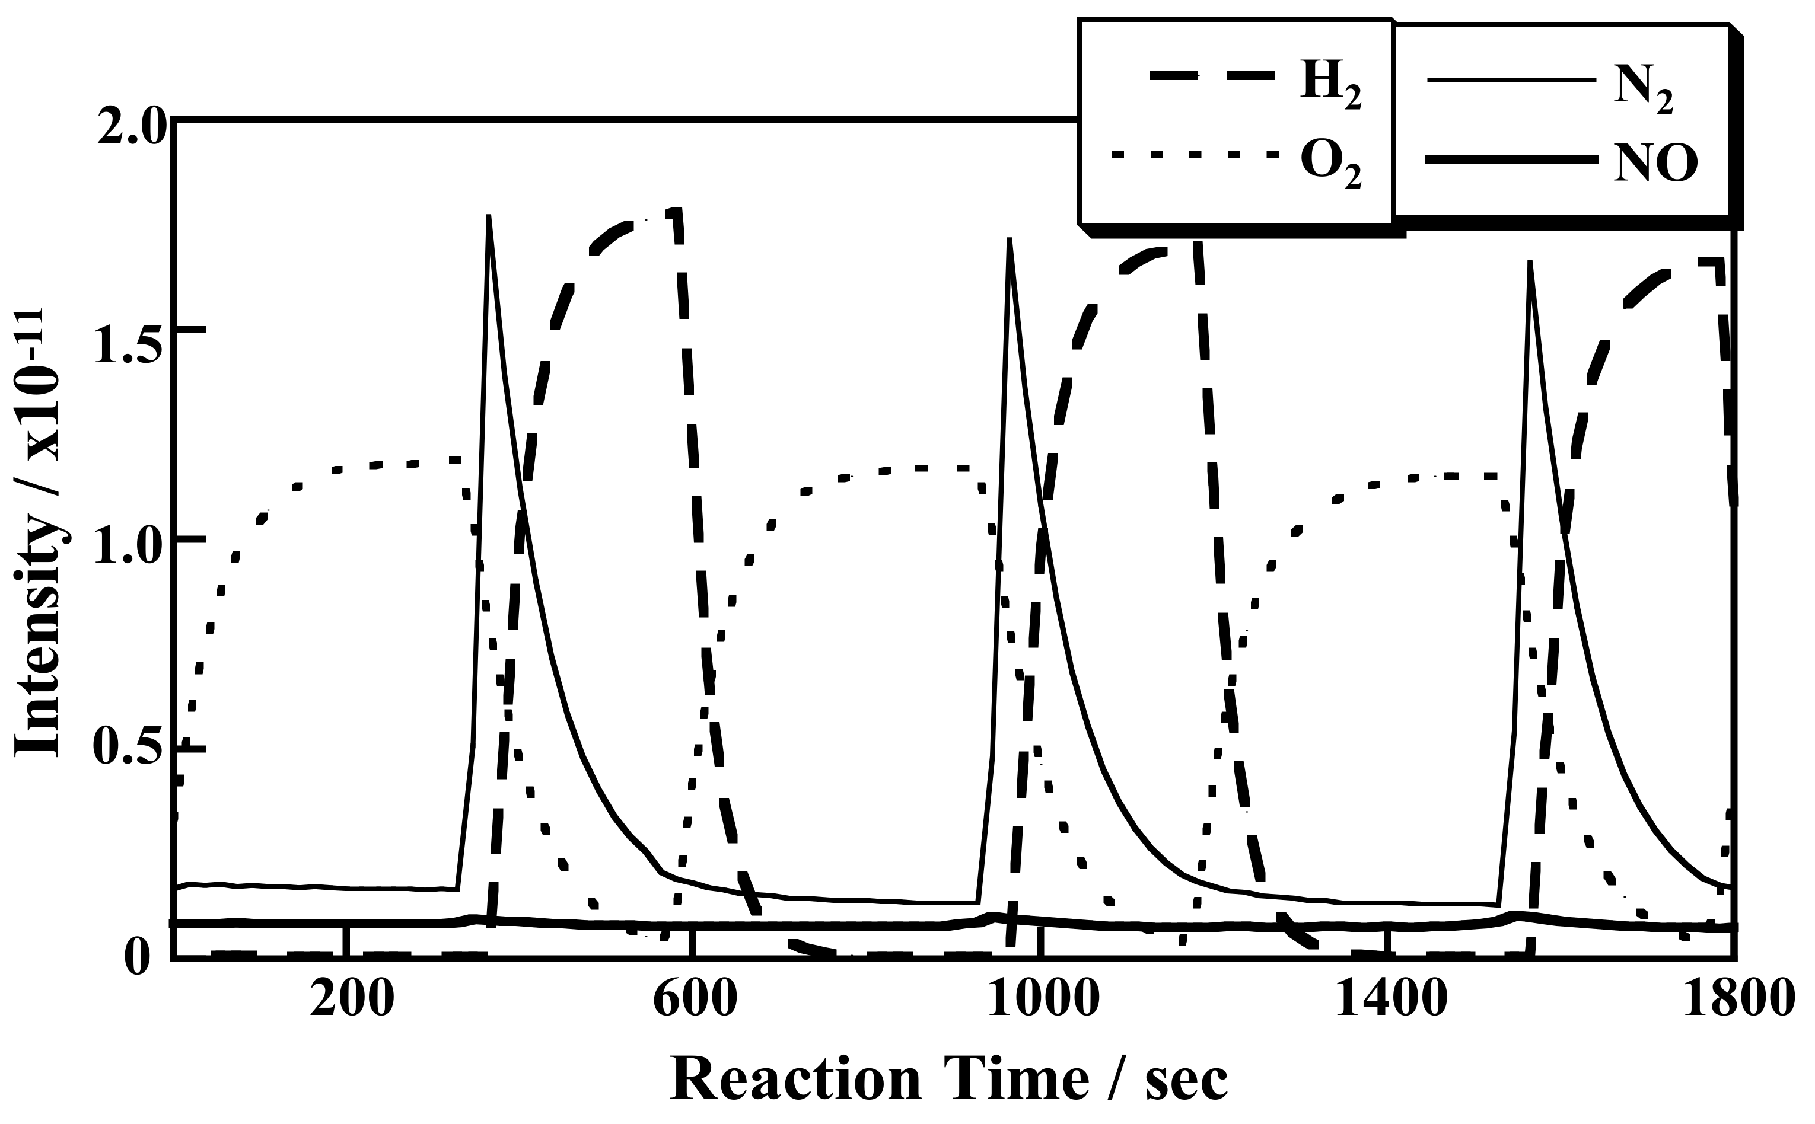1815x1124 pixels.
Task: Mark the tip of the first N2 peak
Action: coord(489,216)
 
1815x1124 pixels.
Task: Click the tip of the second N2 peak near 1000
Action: coord(1009,240)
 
